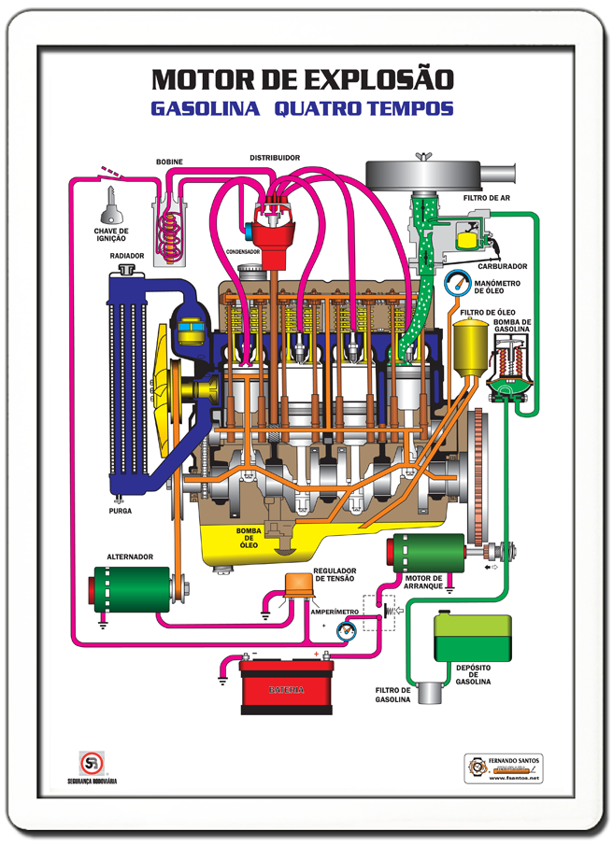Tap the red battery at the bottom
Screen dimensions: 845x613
pyautogui.click(x=286, y=688)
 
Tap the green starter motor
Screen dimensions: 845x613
pyautogui.click(x=428, y=554)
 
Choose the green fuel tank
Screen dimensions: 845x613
pyautogui.click(x=472, y=639)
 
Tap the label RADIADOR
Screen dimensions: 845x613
pyautogui.click(x=126, y=255)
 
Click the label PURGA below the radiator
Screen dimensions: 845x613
pyautogui.click(x=120, y=511)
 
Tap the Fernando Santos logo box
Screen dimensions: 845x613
pyautogui.click(x=504, y=768)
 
